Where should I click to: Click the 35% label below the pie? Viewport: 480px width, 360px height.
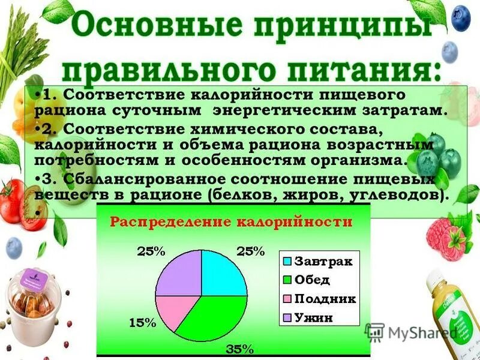tap(239, 349)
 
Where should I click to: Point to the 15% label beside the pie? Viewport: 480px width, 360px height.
tap(143, 323)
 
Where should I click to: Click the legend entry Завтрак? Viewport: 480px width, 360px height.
tap(317, 262)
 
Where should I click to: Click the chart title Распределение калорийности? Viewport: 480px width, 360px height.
tap(230, 221)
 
